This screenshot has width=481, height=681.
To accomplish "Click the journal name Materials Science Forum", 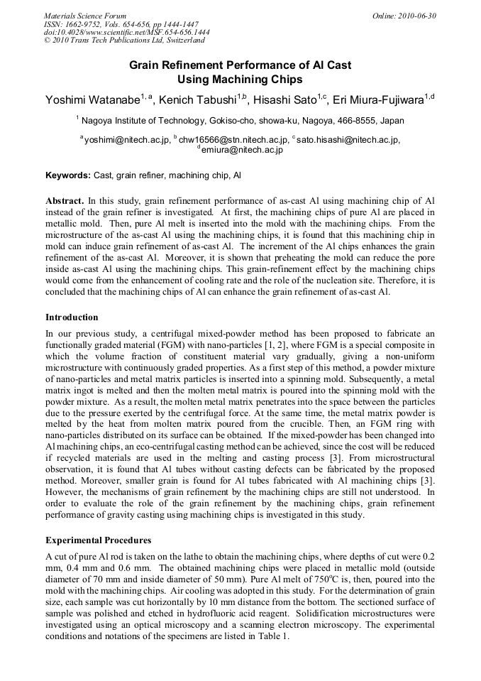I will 85,16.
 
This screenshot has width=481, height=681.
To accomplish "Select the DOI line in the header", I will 126,32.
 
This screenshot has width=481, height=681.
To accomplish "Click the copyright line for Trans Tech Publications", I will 124,40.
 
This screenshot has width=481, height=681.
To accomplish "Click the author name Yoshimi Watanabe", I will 92,99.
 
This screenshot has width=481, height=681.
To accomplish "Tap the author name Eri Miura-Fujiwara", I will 378,99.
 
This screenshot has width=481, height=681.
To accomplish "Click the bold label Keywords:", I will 68,175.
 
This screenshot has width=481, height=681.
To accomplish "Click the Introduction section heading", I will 72,317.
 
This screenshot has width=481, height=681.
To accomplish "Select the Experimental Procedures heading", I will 97,540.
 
